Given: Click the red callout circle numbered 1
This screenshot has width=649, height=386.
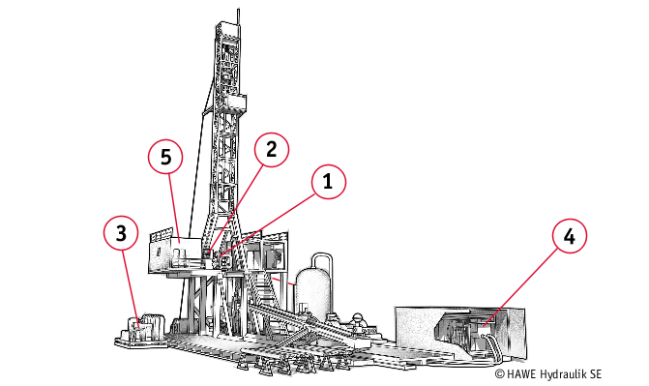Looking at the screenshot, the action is (x=328, y=182).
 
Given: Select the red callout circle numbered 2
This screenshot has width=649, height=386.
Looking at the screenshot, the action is (x=272, y=150).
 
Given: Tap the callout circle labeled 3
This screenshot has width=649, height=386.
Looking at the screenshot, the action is (x=121, y=233).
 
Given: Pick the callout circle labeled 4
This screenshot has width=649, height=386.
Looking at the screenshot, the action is (x=570, y=236).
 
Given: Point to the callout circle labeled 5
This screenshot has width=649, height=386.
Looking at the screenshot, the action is (x=165, y=157).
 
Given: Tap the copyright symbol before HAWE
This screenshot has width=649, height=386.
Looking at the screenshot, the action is (x=500, y=374).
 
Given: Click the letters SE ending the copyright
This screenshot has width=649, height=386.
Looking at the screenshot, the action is (x=596, y=374).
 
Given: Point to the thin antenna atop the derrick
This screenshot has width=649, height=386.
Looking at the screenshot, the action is (x=238, y=16).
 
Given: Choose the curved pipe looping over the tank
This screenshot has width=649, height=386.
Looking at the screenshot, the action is (x=322, y=265).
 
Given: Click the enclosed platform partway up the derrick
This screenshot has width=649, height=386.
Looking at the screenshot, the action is (x=234, y=104).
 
